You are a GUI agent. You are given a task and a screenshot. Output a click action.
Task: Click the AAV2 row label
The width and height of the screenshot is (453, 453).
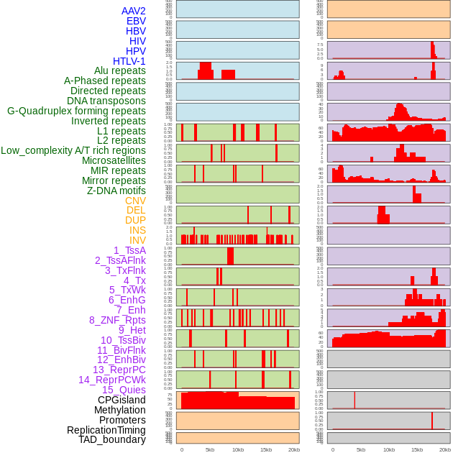[x=134, y=11]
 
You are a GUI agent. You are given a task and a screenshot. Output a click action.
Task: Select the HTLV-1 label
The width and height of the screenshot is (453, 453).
[x=129, y=61]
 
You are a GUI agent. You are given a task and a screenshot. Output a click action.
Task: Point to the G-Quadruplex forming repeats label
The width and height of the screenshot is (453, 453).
[x=76, y=111]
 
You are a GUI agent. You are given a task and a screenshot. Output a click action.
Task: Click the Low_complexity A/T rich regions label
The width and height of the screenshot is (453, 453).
[x=73, y=150]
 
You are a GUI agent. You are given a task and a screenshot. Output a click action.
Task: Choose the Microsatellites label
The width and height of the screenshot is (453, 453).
[x=114, y=160]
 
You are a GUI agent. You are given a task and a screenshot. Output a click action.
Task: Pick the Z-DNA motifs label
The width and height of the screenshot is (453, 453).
[x=116, y=191]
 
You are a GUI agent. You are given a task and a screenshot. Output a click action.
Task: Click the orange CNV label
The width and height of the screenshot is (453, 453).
[x=135, y=201]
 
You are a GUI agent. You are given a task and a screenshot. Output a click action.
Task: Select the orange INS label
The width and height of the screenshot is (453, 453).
[x=137, y=230]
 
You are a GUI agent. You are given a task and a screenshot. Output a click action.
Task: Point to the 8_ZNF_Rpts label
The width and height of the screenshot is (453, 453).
[x=117, y=320]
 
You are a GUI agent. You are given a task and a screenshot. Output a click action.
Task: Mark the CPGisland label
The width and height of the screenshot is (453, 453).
[x=122, y=400]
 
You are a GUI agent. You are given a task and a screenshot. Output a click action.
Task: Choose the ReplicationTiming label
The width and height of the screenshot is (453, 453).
[x=106, y=430]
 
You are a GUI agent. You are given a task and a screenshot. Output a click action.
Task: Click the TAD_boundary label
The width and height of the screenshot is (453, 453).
[x=112, y=439]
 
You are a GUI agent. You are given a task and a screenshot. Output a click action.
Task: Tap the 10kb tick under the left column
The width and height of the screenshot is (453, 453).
[x=237, y=449]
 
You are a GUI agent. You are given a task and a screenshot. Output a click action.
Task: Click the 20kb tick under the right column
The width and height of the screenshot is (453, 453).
[x=444, y=449]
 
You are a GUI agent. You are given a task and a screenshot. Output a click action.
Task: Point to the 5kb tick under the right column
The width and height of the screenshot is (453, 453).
[x=360, y=449]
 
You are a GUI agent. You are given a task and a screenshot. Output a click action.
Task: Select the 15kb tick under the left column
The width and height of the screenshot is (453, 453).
[x=265, y=449]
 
